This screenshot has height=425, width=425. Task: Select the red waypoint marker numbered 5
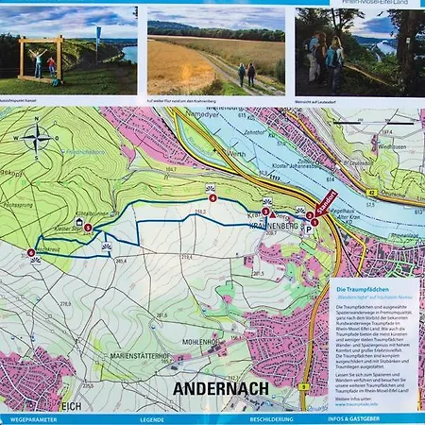coord(88,228)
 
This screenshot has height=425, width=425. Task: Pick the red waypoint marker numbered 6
coord(31,253)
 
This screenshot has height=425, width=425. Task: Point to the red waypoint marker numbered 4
coord(212,198)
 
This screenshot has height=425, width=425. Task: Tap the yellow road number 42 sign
coord(372,193)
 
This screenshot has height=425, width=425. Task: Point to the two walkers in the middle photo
coord(246,74)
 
